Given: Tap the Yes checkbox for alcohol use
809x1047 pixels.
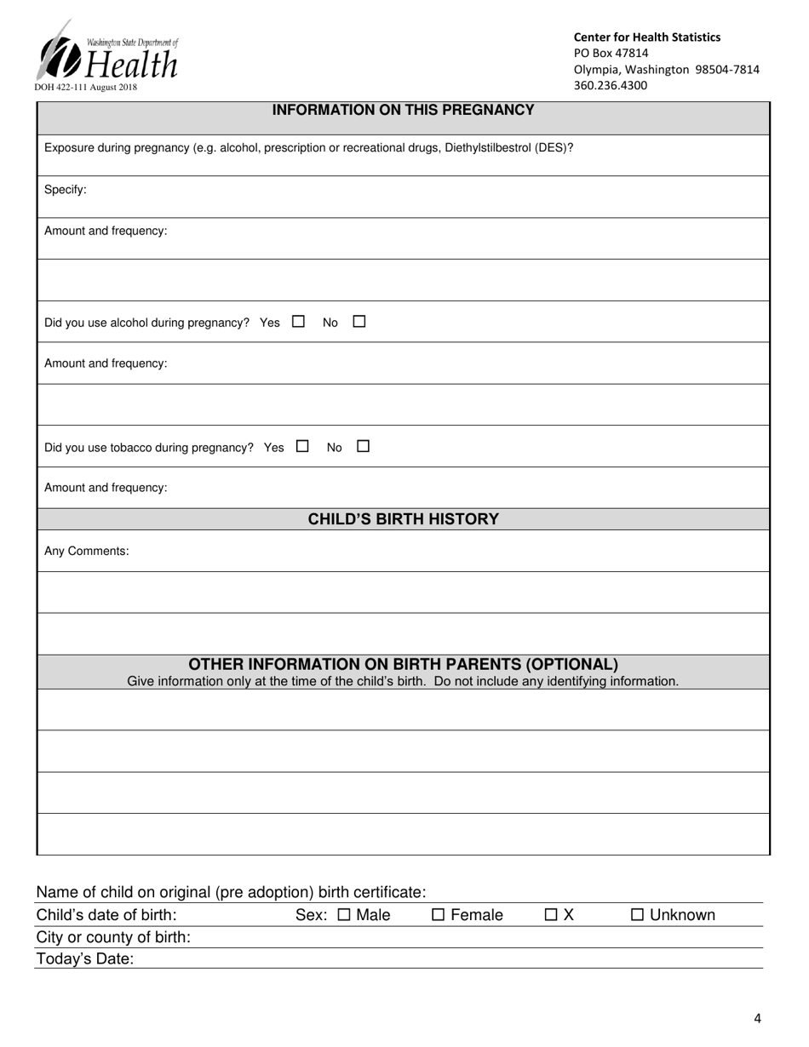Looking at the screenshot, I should point(298,322).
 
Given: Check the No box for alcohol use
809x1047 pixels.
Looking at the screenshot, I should point(359,322).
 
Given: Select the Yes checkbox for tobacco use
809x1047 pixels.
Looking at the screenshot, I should point(302,446).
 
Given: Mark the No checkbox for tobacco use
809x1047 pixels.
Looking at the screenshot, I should point(363,446).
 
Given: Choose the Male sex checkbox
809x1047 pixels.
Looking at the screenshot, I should point(344,916).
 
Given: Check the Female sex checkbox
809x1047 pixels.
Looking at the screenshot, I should point(438,916).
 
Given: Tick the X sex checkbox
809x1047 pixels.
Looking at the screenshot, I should point(551,916).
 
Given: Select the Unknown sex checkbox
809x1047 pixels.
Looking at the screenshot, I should point(638,916).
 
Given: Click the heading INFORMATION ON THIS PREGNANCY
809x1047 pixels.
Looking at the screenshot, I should point(403,110).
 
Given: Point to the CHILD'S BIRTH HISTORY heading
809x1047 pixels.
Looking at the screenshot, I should point(403,519).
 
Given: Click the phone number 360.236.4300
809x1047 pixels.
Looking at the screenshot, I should point(610,86).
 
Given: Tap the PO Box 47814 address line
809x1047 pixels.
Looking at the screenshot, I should point(611,53).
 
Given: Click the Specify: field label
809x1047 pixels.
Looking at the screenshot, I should point(66,190).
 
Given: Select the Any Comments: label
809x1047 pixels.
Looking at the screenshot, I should point(87,551).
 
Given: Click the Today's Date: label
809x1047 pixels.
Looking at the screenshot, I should point(85,959).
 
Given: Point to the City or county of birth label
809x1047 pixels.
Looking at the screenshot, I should point(113,938).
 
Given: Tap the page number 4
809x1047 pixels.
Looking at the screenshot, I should point(757,1019).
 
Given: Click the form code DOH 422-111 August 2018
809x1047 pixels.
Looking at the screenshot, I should point(85,87).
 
